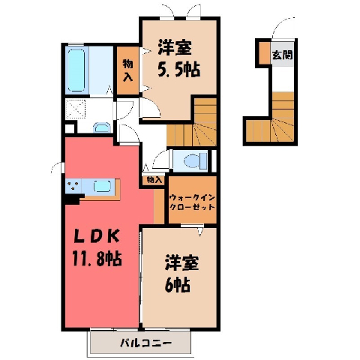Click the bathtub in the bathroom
click(x=76, y=70)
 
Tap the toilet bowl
click(x=195, y=160)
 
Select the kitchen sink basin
click(x=103, y=186)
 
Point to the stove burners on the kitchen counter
click(x=73, y=186)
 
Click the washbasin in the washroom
click(x=102, y=127)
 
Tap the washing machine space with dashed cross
click(x=76, y=109)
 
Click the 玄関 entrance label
click(x=283, y=55)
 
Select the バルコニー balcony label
click(x=145, y=343)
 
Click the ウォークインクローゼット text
click(x=192, y=202)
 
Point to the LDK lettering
click(x=96, y=237)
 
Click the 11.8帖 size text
click(x=97, y=259)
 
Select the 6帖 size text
click(x=178, y=284)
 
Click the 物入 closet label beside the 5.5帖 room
click(x=127, y=70)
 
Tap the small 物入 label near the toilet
click(x=154, y=180)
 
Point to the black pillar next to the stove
click(x=73, y=199)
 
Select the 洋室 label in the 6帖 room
click(x=181, y=262)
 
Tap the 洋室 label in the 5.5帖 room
click(x=175, y=47)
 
